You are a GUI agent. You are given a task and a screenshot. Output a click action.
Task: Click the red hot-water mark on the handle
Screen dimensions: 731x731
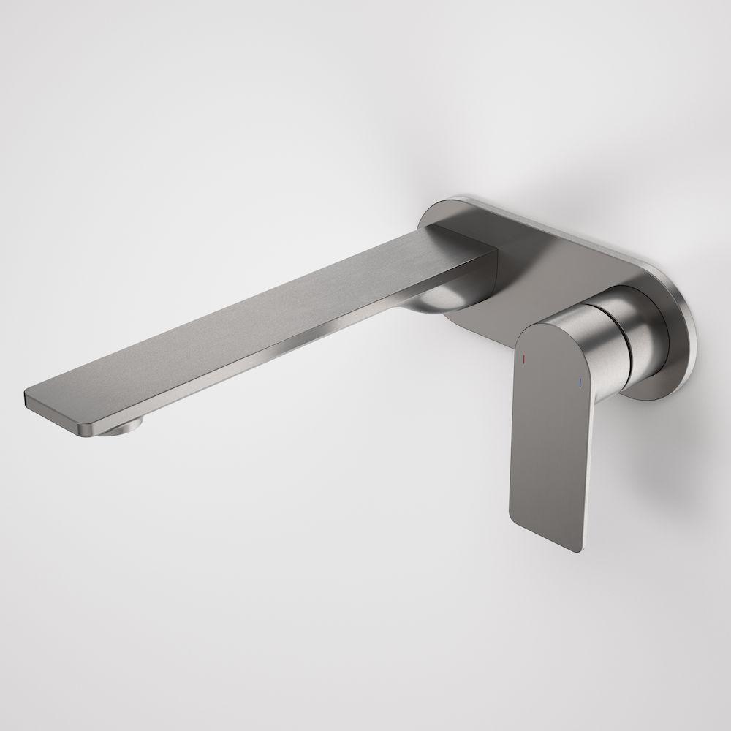pos(523,360)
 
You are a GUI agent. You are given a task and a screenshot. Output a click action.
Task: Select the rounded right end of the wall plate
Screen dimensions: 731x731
pos(683,344)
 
